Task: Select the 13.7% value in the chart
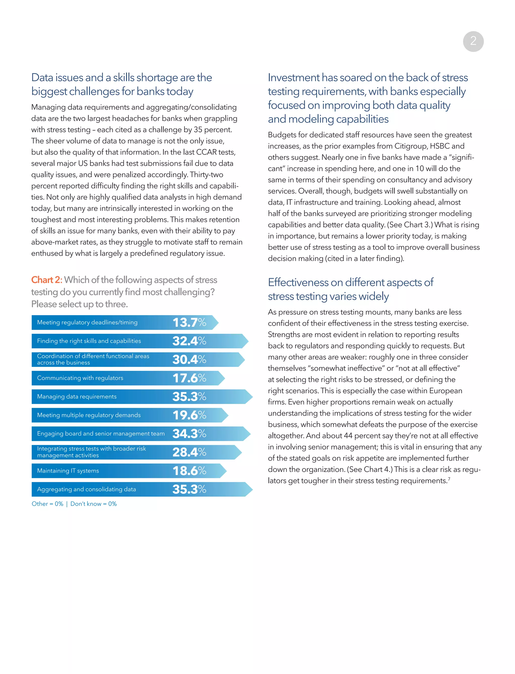click(x=189, y=323)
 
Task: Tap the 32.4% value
click(x=189, y=341)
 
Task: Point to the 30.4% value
click(x=189, y=360)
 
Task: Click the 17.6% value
click(x=189, y=378)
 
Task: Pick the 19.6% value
click(x=189, y=415)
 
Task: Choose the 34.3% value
click(x=189, y=434)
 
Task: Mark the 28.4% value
click(x=189, y=452)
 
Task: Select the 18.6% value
click(x=189, y=471)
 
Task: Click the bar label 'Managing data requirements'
click(x=77, y=397)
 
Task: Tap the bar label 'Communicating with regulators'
click(x=80, y=378)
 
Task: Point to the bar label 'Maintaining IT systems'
click(x=68, y=471)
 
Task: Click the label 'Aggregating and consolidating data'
click(x=87, y=489)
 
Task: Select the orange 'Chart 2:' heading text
click(x=47, y=280)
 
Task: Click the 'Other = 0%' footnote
click(x=48, y=504)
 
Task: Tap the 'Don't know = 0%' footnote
click(x=94, y=504)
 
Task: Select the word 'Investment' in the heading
click(x=293, y=78)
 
